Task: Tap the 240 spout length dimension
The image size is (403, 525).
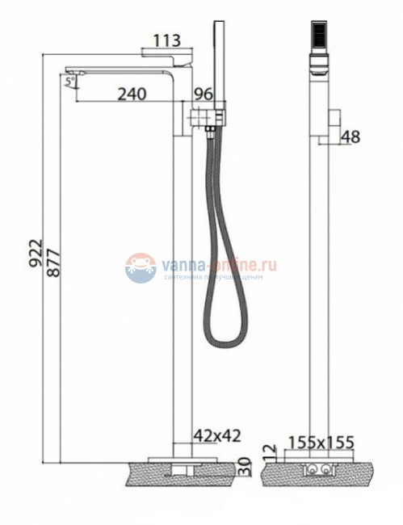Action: (x=132, y=94)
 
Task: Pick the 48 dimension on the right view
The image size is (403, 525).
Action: (x=351, y=137)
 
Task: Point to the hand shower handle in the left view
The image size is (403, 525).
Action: (x=216, y=65)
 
